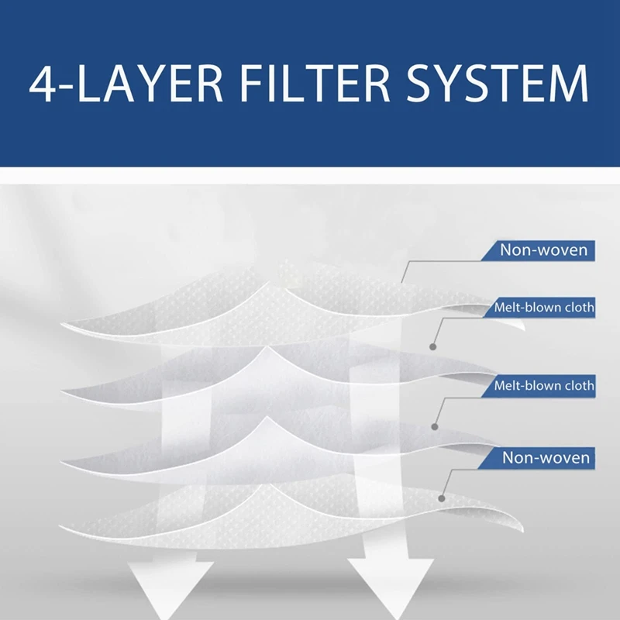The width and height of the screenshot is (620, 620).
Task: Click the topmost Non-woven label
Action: click(543, 250)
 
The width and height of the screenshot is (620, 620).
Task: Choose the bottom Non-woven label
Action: click(545, 457)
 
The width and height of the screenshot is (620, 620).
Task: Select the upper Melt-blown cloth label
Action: click(544, 308)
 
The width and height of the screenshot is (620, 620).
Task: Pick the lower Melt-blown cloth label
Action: click(544, 385)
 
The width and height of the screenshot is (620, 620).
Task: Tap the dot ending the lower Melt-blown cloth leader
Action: click(435, 425)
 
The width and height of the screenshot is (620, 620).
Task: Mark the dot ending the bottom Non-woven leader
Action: click(442, 498)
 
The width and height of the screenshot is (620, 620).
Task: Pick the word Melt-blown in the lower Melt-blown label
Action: click(524, 385)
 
